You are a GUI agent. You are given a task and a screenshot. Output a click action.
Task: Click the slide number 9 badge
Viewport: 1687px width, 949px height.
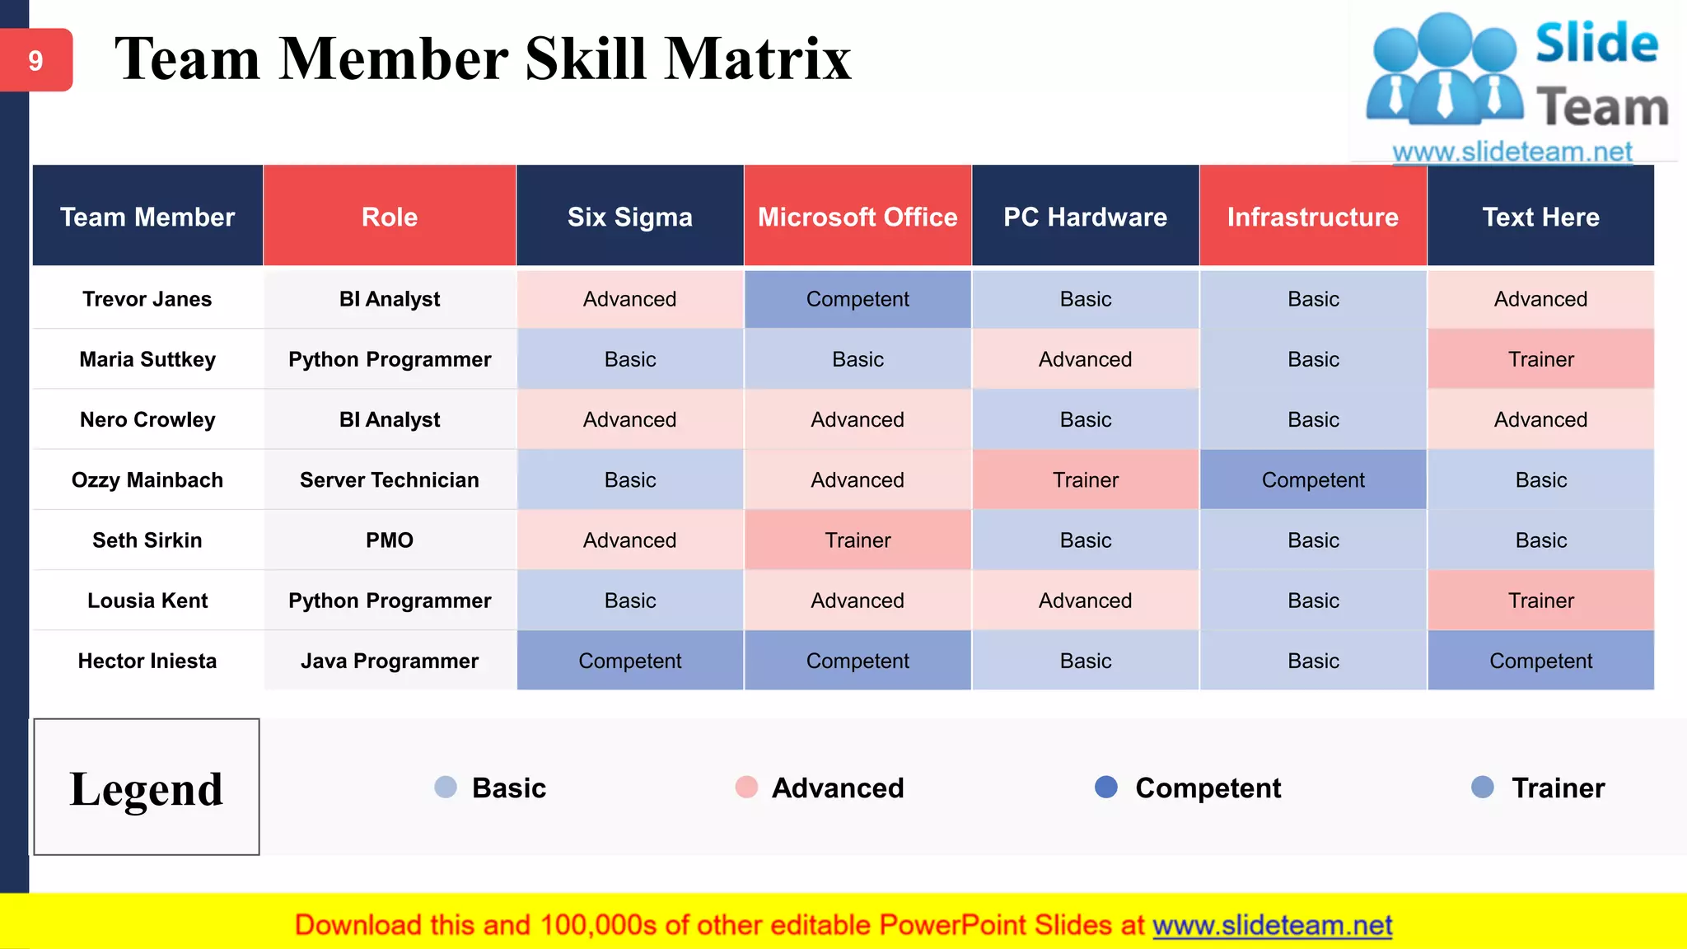35,60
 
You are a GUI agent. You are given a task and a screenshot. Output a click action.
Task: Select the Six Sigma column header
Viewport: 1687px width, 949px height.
630,217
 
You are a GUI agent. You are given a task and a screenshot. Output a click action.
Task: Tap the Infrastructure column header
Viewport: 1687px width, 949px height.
1313,217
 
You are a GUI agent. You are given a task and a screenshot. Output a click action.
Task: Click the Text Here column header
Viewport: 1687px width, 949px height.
1540,217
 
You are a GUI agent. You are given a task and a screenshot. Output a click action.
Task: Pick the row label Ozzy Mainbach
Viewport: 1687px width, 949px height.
147,480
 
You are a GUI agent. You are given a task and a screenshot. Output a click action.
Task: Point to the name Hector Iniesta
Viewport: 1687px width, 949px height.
147,661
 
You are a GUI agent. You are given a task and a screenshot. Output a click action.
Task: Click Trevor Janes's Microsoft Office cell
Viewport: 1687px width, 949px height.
858,299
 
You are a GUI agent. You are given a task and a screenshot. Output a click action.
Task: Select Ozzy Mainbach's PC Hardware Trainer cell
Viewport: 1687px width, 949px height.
1086,480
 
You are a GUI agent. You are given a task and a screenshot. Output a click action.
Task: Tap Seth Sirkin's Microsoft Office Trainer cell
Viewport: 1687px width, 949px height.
858,540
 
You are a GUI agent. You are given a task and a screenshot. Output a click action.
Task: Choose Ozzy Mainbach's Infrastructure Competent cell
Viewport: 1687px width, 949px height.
1313,480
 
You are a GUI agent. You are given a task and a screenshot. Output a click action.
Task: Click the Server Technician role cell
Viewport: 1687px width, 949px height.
390,480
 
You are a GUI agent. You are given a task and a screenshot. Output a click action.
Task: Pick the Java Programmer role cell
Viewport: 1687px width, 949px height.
390,661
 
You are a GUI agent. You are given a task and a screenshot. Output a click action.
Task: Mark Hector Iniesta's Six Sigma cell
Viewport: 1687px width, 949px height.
630,661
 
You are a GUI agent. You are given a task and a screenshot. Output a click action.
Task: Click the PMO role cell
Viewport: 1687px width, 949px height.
390,540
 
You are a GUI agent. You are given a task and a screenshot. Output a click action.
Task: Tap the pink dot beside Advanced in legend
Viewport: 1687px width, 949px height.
746,788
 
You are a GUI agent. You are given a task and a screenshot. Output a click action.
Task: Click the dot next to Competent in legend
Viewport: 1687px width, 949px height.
1106,788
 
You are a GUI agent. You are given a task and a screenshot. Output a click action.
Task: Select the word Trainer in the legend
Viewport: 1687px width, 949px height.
1558,788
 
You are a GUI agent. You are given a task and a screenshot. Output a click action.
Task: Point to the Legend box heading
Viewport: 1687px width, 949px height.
147,788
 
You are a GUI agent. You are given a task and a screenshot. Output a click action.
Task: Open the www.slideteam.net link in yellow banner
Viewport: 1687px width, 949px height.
1272,925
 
